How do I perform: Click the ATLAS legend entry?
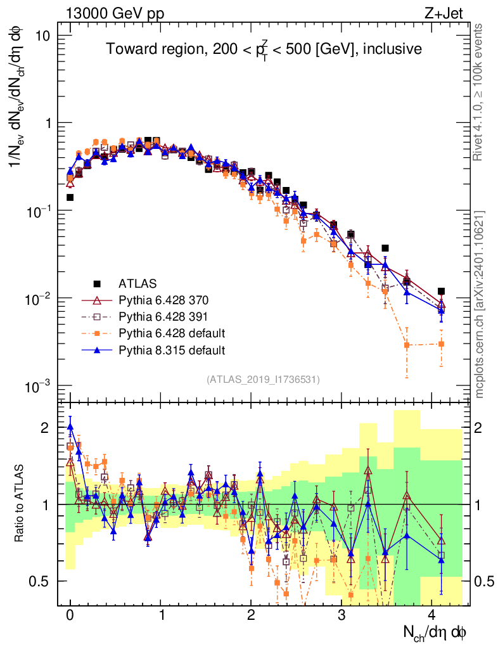tap(137, 283)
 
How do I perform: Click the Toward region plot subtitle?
tap(264, 49)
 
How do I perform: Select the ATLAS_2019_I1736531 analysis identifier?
tap(263, 380)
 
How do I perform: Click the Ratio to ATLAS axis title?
tap(20, 504)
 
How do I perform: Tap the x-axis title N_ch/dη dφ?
tap(436, 633)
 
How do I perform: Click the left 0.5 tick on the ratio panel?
tap(40, 581)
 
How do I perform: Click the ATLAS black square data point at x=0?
tap(70, 197)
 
